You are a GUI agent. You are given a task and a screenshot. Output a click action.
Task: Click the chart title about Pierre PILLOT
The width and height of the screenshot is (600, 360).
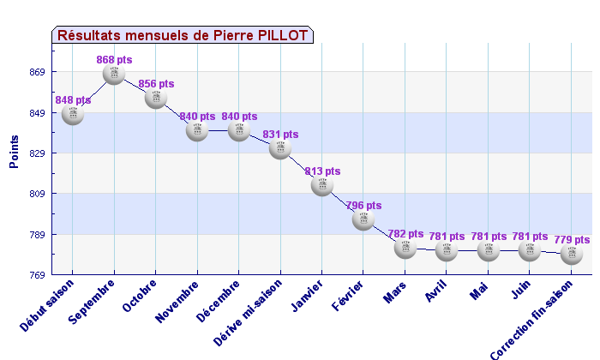183,35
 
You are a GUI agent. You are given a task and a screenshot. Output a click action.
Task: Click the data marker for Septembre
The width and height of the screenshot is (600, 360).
114,74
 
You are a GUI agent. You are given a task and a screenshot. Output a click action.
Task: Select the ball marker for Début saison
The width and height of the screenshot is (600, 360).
73,114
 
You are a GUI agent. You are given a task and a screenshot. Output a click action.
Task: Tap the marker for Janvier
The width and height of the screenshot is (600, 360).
322,184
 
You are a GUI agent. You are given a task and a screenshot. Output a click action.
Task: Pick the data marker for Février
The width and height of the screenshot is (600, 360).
363,219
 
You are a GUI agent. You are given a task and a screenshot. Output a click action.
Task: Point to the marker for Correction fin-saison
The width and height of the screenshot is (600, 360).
571,254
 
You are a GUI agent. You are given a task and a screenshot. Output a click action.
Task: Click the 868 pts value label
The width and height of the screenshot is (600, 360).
114,60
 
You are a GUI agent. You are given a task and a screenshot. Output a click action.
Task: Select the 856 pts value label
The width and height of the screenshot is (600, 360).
156,84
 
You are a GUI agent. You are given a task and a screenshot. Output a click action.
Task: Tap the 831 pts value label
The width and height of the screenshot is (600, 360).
280,135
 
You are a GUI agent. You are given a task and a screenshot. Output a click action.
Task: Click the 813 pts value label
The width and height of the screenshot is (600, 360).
322,171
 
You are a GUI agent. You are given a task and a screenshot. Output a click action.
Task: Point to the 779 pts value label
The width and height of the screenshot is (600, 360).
572,240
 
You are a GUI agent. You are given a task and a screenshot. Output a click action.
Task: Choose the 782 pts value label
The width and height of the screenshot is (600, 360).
405,233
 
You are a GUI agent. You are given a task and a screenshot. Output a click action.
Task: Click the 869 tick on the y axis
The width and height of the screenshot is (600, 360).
37,72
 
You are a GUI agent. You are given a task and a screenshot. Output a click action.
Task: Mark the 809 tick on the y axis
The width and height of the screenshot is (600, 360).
37,194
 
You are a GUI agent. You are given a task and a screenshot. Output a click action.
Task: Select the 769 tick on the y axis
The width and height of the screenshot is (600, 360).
37,275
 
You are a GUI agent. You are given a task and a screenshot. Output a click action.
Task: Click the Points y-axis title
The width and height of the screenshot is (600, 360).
14,152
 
